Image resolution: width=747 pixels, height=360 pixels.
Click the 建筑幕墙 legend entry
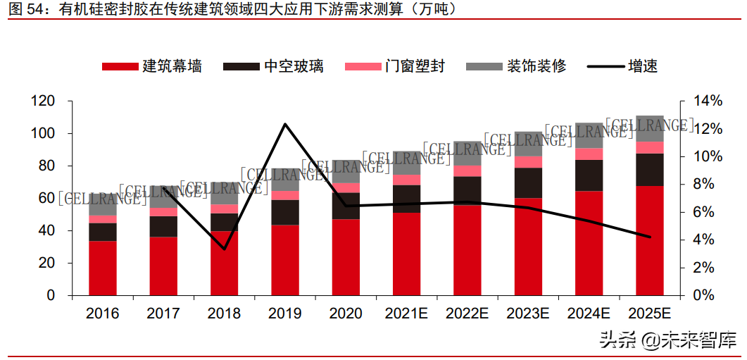coord(152,66)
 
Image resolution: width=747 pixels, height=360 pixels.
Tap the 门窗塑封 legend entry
coord(395,66)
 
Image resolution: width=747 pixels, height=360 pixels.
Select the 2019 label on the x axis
coord(284,314)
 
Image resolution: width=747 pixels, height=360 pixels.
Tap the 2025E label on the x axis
coord(649,314)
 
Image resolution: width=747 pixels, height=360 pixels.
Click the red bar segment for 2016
coord(103,268)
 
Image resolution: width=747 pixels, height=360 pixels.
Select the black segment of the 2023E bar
coord(528,182)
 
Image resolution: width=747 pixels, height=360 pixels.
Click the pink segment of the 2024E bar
coord(589,154)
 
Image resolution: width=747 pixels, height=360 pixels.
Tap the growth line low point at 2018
coord(224,249)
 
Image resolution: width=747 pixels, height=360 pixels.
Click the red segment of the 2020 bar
coord(346,257)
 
